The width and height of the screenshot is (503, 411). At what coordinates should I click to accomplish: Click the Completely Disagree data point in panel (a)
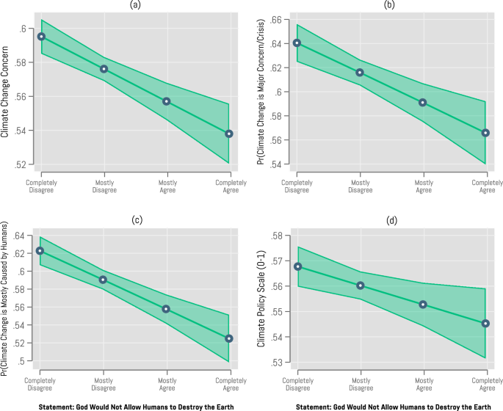(x=41, y=36)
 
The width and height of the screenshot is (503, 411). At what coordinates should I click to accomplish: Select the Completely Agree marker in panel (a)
(x=229, y=134)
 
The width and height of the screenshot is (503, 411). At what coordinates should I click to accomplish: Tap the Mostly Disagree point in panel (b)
(x=360, y=72)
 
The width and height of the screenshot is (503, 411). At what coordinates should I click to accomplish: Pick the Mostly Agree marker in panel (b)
(x=423, y=103)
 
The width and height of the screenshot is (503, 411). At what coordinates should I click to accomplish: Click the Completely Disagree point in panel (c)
(x=40, y=251)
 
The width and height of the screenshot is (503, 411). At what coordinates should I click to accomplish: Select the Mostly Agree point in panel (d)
(x=423, y=305)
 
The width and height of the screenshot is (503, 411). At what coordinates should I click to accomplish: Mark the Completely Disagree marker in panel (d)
(x=297, y=266)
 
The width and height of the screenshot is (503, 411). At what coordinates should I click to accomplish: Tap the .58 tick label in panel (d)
(x=278, y=236)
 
